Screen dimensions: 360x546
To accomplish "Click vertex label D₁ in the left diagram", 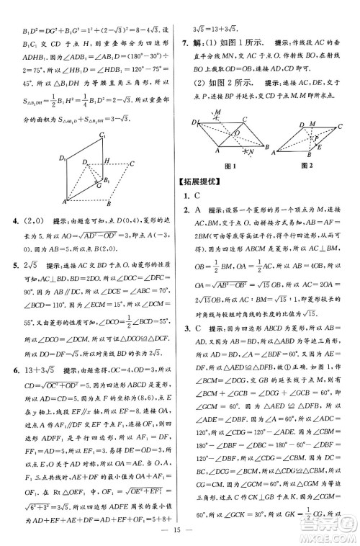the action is click(x=64, y=157).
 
